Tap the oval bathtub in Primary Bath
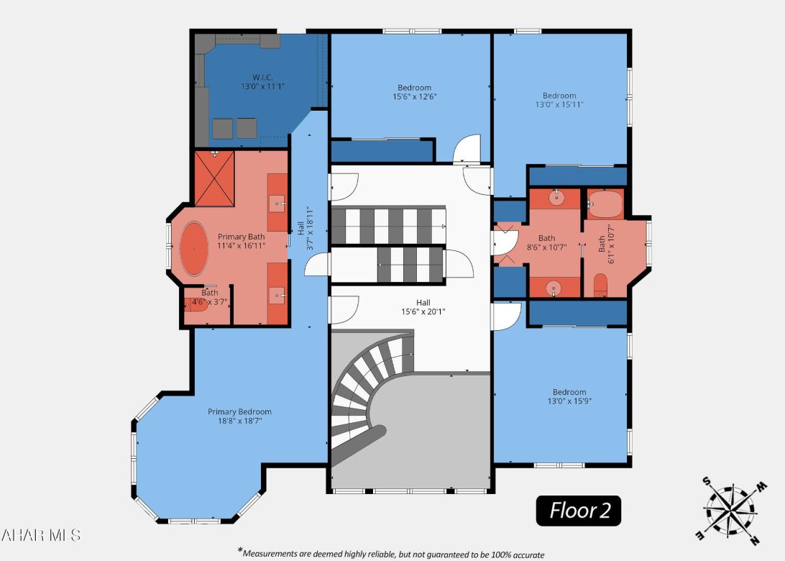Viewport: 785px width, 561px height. pos(193,249)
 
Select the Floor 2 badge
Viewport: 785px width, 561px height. pos(579,511)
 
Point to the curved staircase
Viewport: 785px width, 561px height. pos(370,392)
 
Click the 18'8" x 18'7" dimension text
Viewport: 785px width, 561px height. pos(239,421)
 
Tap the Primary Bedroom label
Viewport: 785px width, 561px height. pos(239,412)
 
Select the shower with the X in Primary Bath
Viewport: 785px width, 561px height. pos(214,179)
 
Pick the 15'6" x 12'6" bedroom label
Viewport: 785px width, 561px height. pos(415,88)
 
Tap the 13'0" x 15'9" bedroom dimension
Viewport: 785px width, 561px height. pos(559,401)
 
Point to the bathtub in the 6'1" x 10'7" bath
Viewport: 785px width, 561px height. pos(604,204)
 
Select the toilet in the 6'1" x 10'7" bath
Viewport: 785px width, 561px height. pos(602,286)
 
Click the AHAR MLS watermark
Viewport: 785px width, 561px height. pos(41,535)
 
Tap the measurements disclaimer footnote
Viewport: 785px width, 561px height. pos(392,554)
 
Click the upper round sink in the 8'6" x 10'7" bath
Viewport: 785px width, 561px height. pos(556,196)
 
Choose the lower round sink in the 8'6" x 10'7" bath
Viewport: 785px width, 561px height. pos(554,288)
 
